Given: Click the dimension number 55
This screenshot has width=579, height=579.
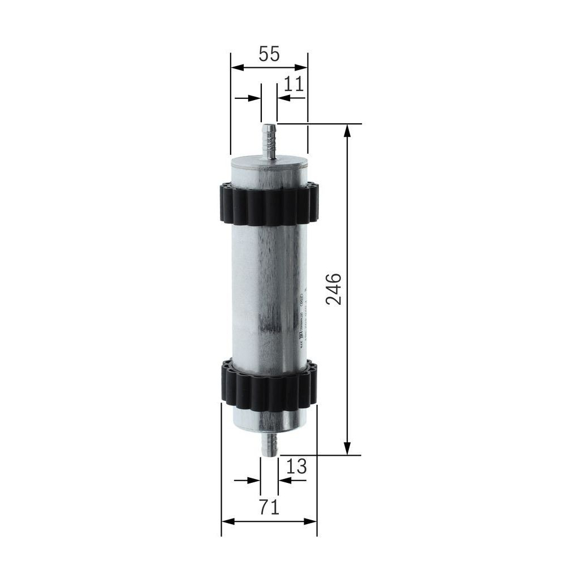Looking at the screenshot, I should click(x=269, y=54).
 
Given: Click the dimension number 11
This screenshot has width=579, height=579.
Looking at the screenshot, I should click(x=293, y=84).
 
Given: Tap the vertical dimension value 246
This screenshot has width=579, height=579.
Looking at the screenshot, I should click(x=334, y=289).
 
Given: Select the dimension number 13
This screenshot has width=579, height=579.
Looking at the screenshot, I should click(x=296, y=466).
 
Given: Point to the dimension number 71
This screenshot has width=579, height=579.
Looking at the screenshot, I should click(x=269, y=507).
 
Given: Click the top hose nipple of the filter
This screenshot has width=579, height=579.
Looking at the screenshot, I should click(x=269, y=141).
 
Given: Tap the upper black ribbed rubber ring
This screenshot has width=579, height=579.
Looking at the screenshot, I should click(x=269, y=204).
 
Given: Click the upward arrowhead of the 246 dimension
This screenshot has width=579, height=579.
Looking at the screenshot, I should click(x=347, y=130).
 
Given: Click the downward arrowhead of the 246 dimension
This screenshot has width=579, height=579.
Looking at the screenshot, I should click(x=347, y=448).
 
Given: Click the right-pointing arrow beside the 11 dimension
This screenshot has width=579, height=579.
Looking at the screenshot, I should click(x=256, y=98).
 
